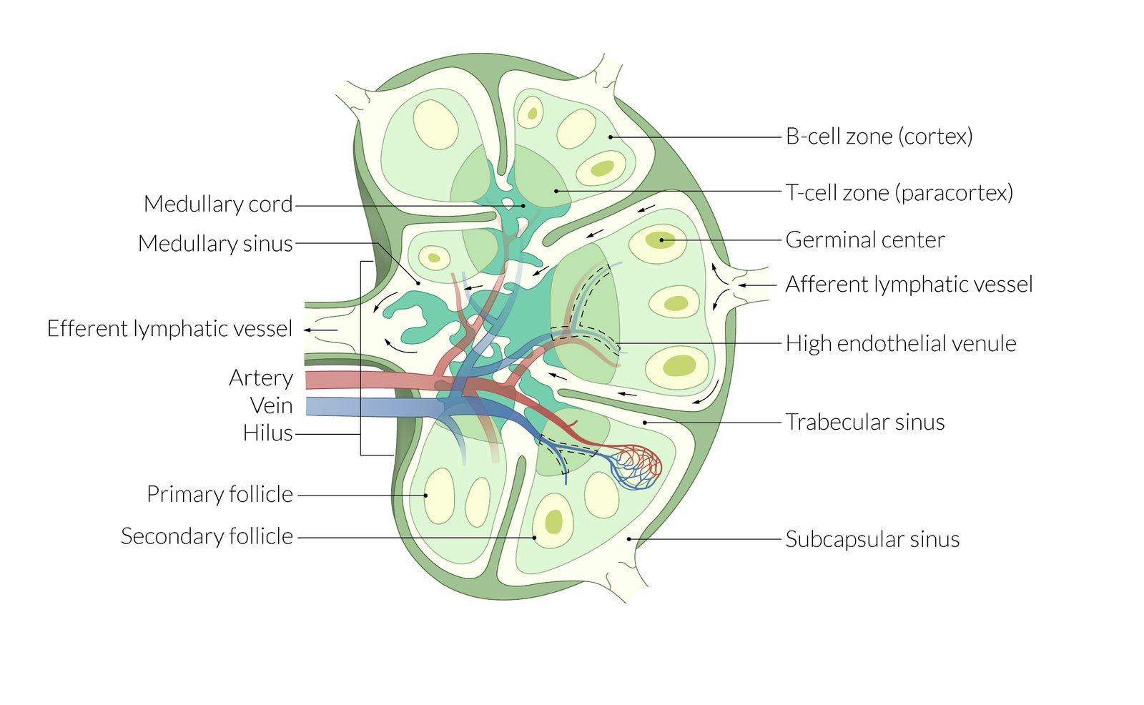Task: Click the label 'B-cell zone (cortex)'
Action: pos(879,136)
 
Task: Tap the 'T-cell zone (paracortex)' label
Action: pos(899,192)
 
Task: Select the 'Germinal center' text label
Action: pos(864,240)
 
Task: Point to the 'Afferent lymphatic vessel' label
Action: pos(909,285)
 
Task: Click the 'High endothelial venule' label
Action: pos(900,343)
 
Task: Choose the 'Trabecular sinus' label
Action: pos(864,422)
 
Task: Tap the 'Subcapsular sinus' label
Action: pos(872,539)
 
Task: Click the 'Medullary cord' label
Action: pos(218,204)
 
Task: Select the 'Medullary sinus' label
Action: pos(215,243)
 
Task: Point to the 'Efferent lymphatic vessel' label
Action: pos(169,328)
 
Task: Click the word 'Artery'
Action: pos(261,378)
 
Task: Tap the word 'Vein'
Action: pos(271,405)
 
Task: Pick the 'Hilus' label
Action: pos(267,433)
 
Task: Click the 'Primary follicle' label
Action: pos(220,494)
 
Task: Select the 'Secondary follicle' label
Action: pos(207,536)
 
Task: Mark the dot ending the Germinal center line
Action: pos(661,240)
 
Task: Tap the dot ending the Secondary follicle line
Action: pos(534,537)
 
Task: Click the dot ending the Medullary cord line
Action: pos(523,205)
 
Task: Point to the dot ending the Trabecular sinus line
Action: pos(645,423)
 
